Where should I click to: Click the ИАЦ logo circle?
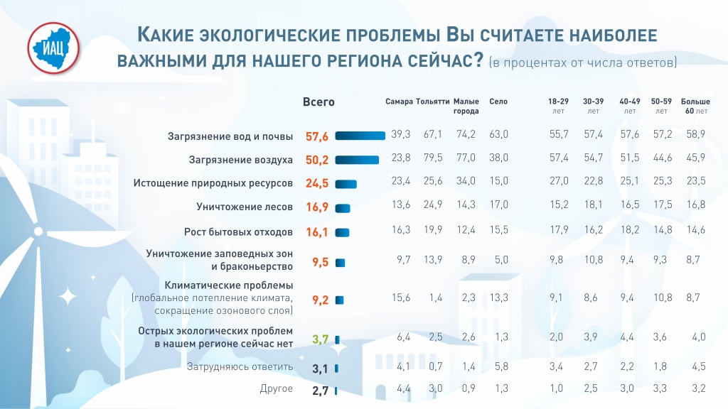(x=53, y=49)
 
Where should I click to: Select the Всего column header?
(x=318, y=102)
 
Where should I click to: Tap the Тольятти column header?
(x=432, y=102)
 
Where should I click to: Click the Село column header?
(x=498, y=102)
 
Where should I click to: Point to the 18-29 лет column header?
(x=558, y=106)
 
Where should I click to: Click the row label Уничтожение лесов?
(x=245, y=207)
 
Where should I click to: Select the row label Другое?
(x=278, y=389)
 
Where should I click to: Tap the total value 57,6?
(x=318, y=136)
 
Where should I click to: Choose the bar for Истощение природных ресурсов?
(x=346, y=184)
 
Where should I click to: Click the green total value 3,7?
(x=320, y=339)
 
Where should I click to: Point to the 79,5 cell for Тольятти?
(x=433, y=158)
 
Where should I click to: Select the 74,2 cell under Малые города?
(x=466, y=134)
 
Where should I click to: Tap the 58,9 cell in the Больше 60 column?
(x=695, y=134)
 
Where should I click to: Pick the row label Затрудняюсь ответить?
(x=240, y=367)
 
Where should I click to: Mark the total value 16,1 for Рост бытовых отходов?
(x=318, y=232)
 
